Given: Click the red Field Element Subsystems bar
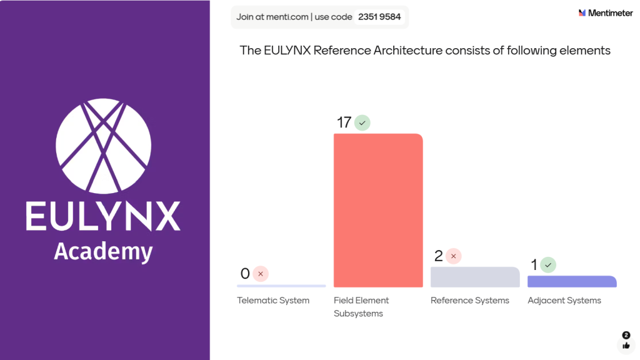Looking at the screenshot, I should (378, 211).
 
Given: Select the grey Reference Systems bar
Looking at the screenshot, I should (475, 277).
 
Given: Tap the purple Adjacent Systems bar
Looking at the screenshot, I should (572, 282).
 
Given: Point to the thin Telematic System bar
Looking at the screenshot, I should (281, 286).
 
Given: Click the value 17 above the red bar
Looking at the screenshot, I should (344, 122).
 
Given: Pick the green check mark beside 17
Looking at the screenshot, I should (362, 122).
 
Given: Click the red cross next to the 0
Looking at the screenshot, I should (261, 274).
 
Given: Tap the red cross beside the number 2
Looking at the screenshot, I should (454, 256).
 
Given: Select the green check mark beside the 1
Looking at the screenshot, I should (548, 265).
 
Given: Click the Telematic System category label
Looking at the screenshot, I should (273, 301).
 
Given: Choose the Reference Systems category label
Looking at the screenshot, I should (470, 301).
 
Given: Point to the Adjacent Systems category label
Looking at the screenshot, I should (564, 301).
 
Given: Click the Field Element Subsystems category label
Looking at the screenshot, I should (361, 307).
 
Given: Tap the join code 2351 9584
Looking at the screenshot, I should (379, 17).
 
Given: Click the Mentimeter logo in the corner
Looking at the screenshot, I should (606, 12).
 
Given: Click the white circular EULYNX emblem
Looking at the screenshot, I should (104, 145).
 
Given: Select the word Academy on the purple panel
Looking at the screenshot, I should (103, 251).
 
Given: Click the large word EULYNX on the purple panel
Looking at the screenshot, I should (103, 216).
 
